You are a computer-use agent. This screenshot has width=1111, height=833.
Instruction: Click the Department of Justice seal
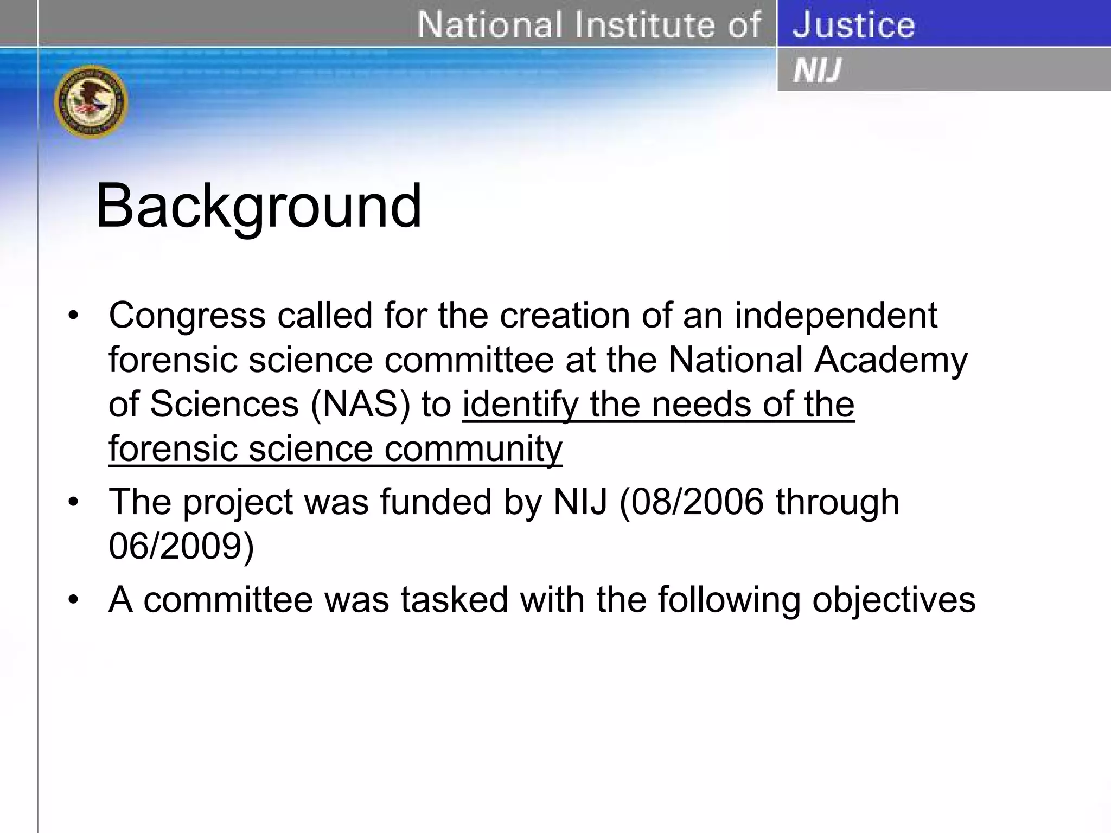click(91, 101)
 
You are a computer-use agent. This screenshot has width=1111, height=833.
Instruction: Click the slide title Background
click(258, 207)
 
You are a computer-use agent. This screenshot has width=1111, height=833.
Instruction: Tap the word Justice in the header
click(853, 25)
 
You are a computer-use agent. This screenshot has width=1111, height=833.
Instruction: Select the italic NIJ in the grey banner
click(817, 71)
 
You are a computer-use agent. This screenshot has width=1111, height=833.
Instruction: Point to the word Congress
click(187, 316)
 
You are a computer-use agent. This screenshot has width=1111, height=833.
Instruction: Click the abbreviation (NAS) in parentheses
click(360, 405)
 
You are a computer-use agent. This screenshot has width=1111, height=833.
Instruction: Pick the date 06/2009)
click(181, 546)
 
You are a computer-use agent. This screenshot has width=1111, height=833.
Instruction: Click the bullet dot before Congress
click(73, 316)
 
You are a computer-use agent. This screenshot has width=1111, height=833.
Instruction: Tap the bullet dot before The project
click(73, 502)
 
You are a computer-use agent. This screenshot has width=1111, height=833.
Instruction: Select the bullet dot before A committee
click(73, 600)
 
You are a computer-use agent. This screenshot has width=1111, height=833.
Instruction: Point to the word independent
click(835, 316)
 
